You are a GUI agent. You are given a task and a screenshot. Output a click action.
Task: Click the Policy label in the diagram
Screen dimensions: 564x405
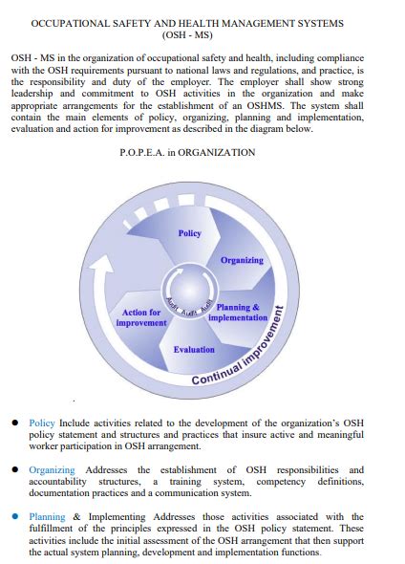click(x=190, y=233)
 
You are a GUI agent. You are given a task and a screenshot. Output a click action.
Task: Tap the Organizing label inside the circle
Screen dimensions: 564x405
click(x=242, y=260)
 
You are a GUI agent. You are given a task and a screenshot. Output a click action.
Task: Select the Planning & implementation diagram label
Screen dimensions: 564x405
click(x=238, y=313)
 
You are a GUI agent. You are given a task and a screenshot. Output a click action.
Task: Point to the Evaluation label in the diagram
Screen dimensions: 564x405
click(x=194, y=349)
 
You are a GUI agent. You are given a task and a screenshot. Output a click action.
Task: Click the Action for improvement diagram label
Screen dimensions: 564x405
click(x=141, y=317)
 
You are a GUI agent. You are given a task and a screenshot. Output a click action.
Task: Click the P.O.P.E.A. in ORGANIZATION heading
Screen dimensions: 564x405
click(x=202, y=152)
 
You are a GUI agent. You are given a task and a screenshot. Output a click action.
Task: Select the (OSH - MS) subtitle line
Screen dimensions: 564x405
click(x=202, y=35)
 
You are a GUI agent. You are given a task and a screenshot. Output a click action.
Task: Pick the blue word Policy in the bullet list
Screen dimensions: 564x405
click(x=42, y=422)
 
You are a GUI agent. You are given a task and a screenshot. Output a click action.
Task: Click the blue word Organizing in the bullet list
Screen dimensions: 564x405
click(x=52, y=469)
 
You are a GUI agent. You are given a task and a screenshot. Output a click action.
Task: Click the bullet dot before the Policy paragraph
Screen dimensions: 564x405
click(x=16, y=422)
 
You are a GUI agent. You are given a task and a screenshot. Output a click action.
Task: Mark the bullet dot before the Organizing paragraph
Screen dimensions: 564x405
click(x=16, y=469)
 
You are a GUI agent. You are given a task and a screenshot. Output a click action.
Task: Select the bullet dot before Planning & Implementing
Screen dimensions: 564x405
click(x=16, y=517)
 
